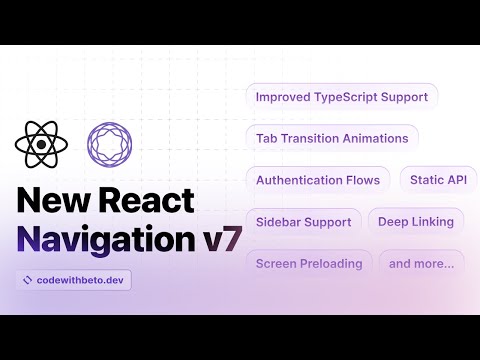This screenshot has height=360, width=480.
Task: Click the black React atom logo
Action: [x=41, y=145]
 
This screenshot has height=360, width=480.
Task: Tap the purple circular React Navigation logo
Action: [x=108, y=145]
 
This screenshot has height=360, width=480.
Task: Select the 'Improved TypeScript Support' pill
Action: [x=341, y=97]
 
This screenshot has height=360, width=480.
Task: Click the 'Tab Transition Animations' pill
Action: [x=331, y=139]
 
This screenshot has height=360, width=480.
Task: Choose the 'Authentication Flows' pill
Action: [x=317, y=180]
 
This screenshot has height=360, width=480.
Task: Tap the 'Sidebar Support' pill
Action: [x=303, y=222]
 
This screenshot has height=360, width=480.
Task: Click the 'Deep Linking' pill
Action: [x=416, y=222]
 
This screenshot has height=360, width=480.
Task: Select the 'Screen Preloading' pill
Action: [x=308, y=264]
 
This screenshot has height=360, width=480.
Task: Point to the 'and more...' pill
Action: [x=421, y=264]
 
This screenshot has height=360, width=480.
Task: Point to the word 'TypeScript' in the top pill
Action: [x=348, y=97]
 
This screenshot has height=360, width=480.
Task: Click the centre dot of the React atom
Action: [x=41, y=145]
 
